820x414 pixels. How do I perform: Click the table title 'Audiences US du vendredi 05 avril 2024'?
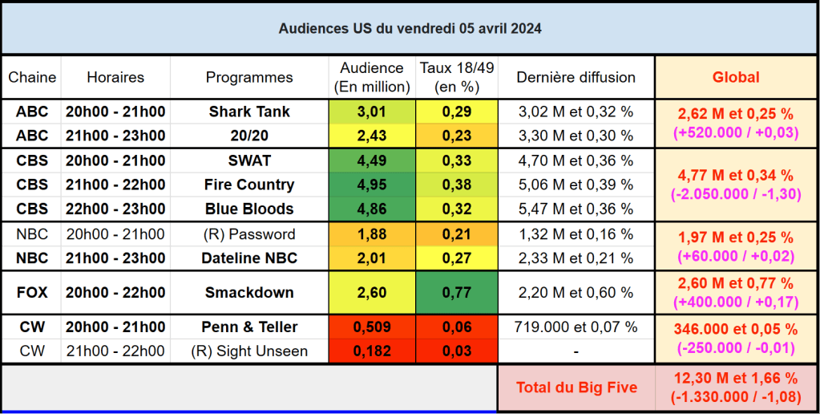[x=410, y=29]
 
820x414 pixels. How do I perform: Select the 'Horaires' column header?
[x=115, y=78]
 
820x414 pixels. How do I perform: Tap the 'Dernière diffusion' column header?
[x=576, y=78]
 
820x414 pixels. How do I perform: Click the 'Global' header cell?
[x=736, y=78]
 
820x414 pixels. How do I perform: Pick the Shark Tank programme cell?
[x=249, y=112]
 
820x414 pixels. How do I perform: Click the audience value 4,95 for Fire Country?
[x=372, y=185]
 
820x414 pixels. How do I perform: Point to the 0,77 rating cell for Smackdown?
[x=457, y=293]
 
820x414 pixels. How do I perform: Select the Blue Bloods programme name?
[x=249, y=209]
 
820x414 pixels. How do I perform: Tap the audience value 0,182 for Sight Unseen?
[x=372, y=351]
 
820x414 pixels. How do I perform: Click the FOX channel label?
[x=32, y=293]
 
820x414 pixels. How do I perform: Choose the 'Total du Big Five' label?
[x=576, y=388]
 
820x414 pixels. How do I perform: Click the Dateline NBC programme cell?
[x=249, y=258]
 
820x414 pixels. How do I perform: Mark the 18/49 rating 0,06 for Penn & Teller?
[x=457, y=327]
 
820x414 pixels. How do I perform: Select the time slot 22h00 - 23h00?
[x=115, y=209]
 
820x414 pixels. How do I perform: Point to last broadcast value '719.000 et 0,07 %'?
[x=576, y=327]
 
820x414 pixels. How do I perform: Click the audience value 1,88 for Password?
[x=372, y=234]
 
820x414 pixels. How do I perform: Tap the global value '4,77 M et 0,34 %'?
[x=736, y=175]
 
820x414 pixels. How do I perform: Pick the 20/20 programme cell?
[x=249, y=136]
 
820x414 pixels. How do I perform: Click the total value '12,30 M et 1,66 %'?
[x=736, y=378]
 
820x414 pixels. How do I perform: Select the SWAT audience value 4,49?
[x=372, y=160]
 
